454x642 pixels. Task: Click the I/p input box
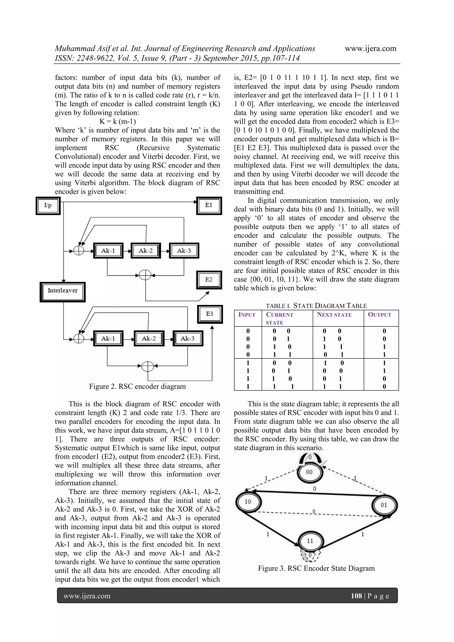tap(48, 206)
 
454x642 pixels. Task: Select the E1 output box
tap(209, 206)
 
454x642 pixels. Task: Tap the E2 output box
tap(209, 280)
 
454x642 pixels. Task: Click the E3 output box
tap(210, 314)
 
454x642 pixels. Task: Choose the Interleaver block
tap(63, 292)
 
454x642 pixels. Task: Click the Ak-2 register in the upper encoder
tap(146, 251)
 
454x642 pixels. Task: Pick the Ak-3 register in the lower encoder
tap(188, 338)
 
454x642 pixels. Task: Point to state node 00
tap(309, 472)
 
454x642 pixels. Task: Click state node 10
tap(248, 502)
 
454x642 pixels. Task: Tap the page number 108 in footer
tap(356, 596)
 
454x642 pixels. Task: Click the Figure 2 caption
tap(137, 387)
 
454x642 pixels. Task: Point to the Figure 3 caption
tap(316, 568)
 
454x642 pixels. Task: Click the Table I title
tap(316, 306)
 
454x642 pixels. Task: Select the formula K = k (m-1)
tap(118, 121)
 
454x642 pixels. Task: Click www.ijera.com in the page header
tap(370, 49)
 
